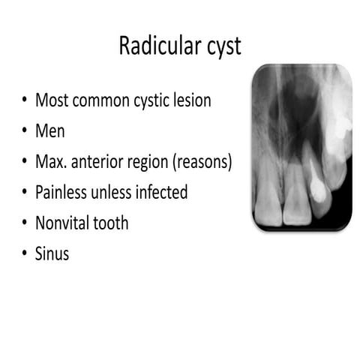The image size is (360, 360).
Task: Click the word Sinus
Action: pyautogui.click(x=52, y=254)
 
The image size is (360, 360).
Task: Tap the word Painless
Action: pyautogui.click(x=61, y=192)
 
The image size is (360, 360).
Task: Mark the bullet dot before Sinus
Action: pyautogui.click(x=25, y=254)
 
